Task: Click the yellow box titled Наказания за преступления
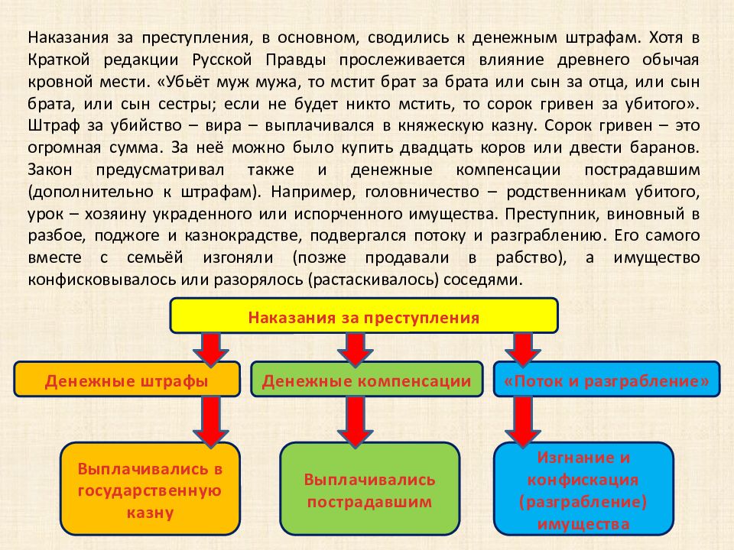pyautogui.click(x=364, y=315)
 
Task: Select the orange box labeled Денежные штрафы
pyautogui.click(x=127, y=380)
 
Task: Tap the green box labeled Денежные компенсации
pyautogui.click(x=366, y=380)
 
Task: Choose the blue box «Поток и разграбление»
pyautogui.click(x=606, y=380)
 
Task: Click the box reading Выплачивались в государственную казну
pyautogui.click(x=150, y=489)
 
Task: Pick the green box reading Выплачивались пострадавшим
pyautogui.click(x=370, y=489)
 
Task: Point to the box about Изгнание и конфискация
pyautogui.click(x=583, y=489)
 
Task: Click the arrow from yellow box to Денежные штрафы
pyautogui.click(x=211, y=349)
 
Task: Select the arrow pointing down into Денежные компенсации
pyautogui.click(x=356, y=349)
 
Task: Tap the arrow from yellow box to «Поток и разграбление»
pyautogui.click(x=523, y=349)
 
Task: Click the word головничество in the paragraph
pyautogui.click(x=422, y=192)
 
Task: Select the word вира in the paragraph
pyautogui.click(x=223, y=125)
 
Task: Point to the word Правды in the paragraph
pyautogui.click(x=296, y=60)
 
